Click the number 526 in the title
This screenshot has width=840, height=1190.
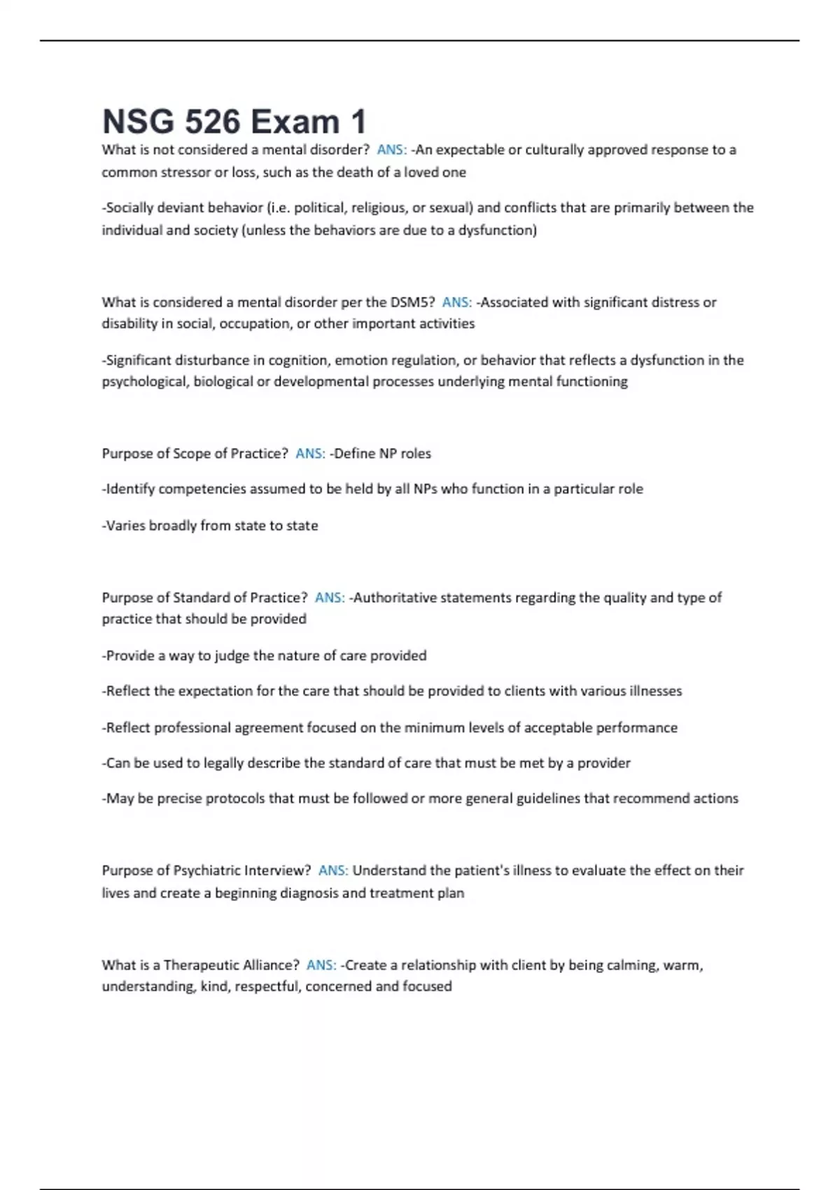coord(212,122)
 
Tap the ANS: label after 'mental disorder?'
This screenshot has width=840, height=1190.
coord(391,150)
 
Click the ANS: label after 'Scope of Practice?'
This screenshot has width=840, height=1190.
coord(310,454)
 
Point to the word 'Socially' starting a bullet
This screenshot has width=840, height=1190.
coord(129,208)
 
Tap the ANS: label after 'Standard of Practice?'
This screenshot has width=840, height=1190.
coord(330,598)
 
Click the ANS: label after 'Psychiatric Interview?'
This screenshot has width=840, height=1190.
coord(333,871)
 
